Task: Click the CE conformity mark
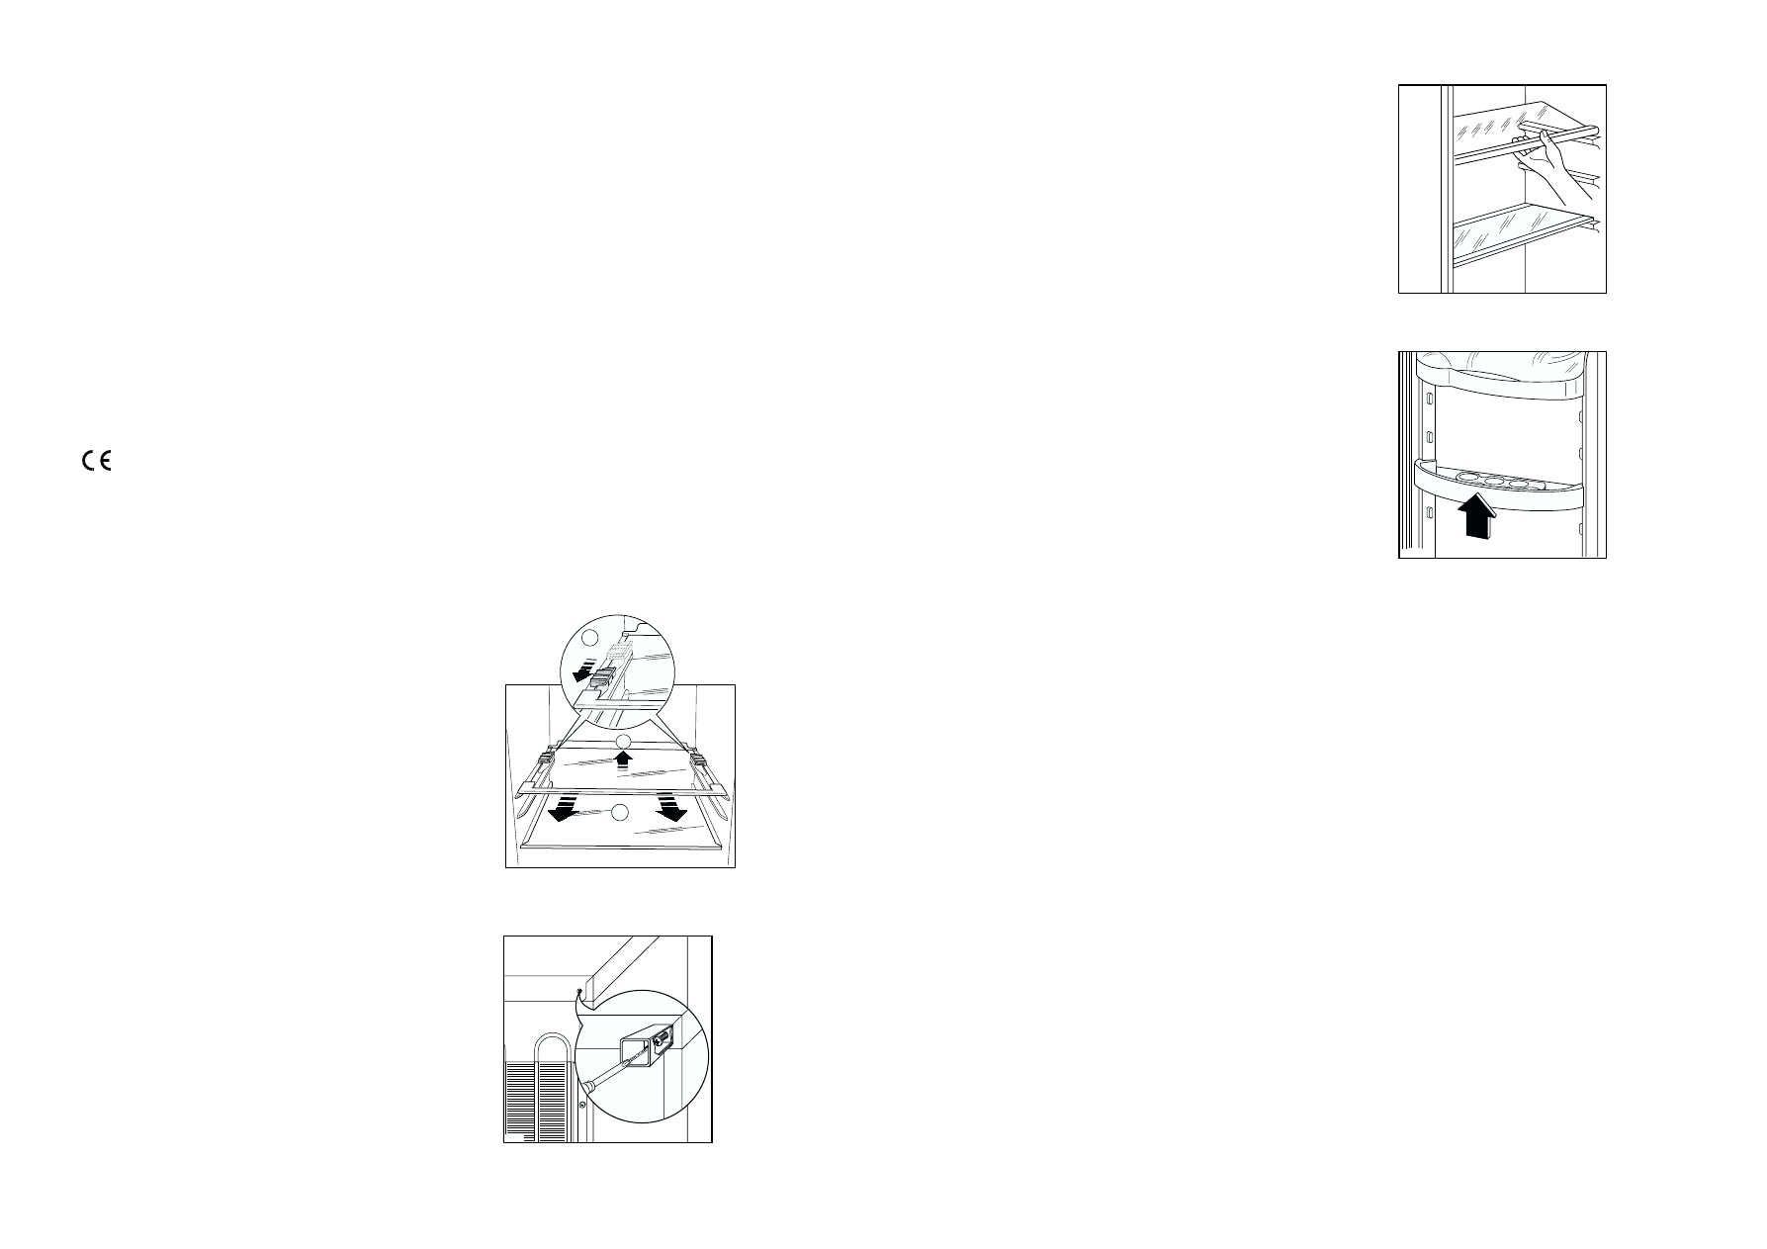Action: (97, 461)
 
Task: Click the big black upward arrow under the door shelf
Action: (1475, 518)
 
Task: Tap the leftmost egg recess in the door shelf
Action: (1468, 478)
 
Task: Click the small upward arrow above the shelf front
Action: (622, 760)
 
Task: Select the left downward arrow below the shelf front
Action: (564, 806)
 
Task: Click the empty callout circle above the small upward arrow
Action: (622, 742)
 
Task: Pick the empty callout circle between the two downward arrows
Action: (620, 812)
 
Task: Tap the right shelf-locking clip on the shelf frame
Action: (698, 759)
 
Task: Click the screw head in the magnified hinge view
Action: (659, 1038)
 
